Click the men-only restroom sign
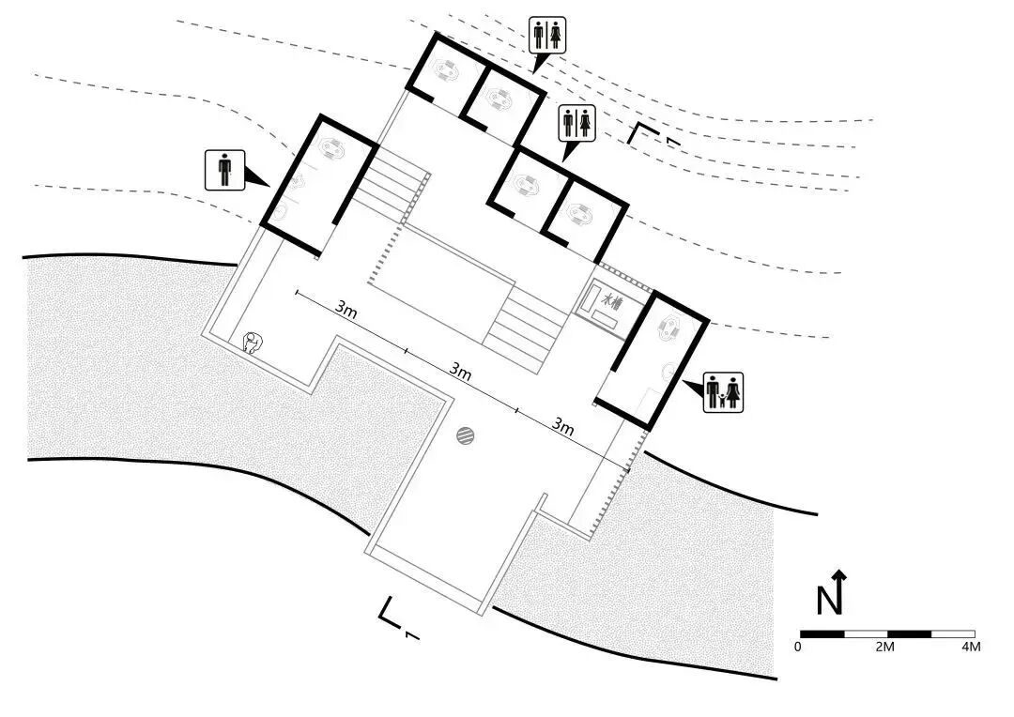(224, 170)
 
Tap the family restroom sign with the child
(723, 391)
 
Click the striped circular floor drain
(466, 435)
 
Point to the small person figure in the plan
(252, 343)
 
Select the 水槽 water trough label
(612, 302)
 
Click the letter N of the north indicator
(828, 600)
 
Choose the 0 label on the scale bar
(798, 648)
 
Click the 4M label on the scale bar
(971, 648)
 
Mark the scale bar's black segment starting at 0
(822, 633)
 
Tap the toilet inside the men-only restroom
(331, 147)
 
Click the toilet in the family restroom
(671, 328)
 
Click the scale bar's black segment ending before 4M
(909, 633)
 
